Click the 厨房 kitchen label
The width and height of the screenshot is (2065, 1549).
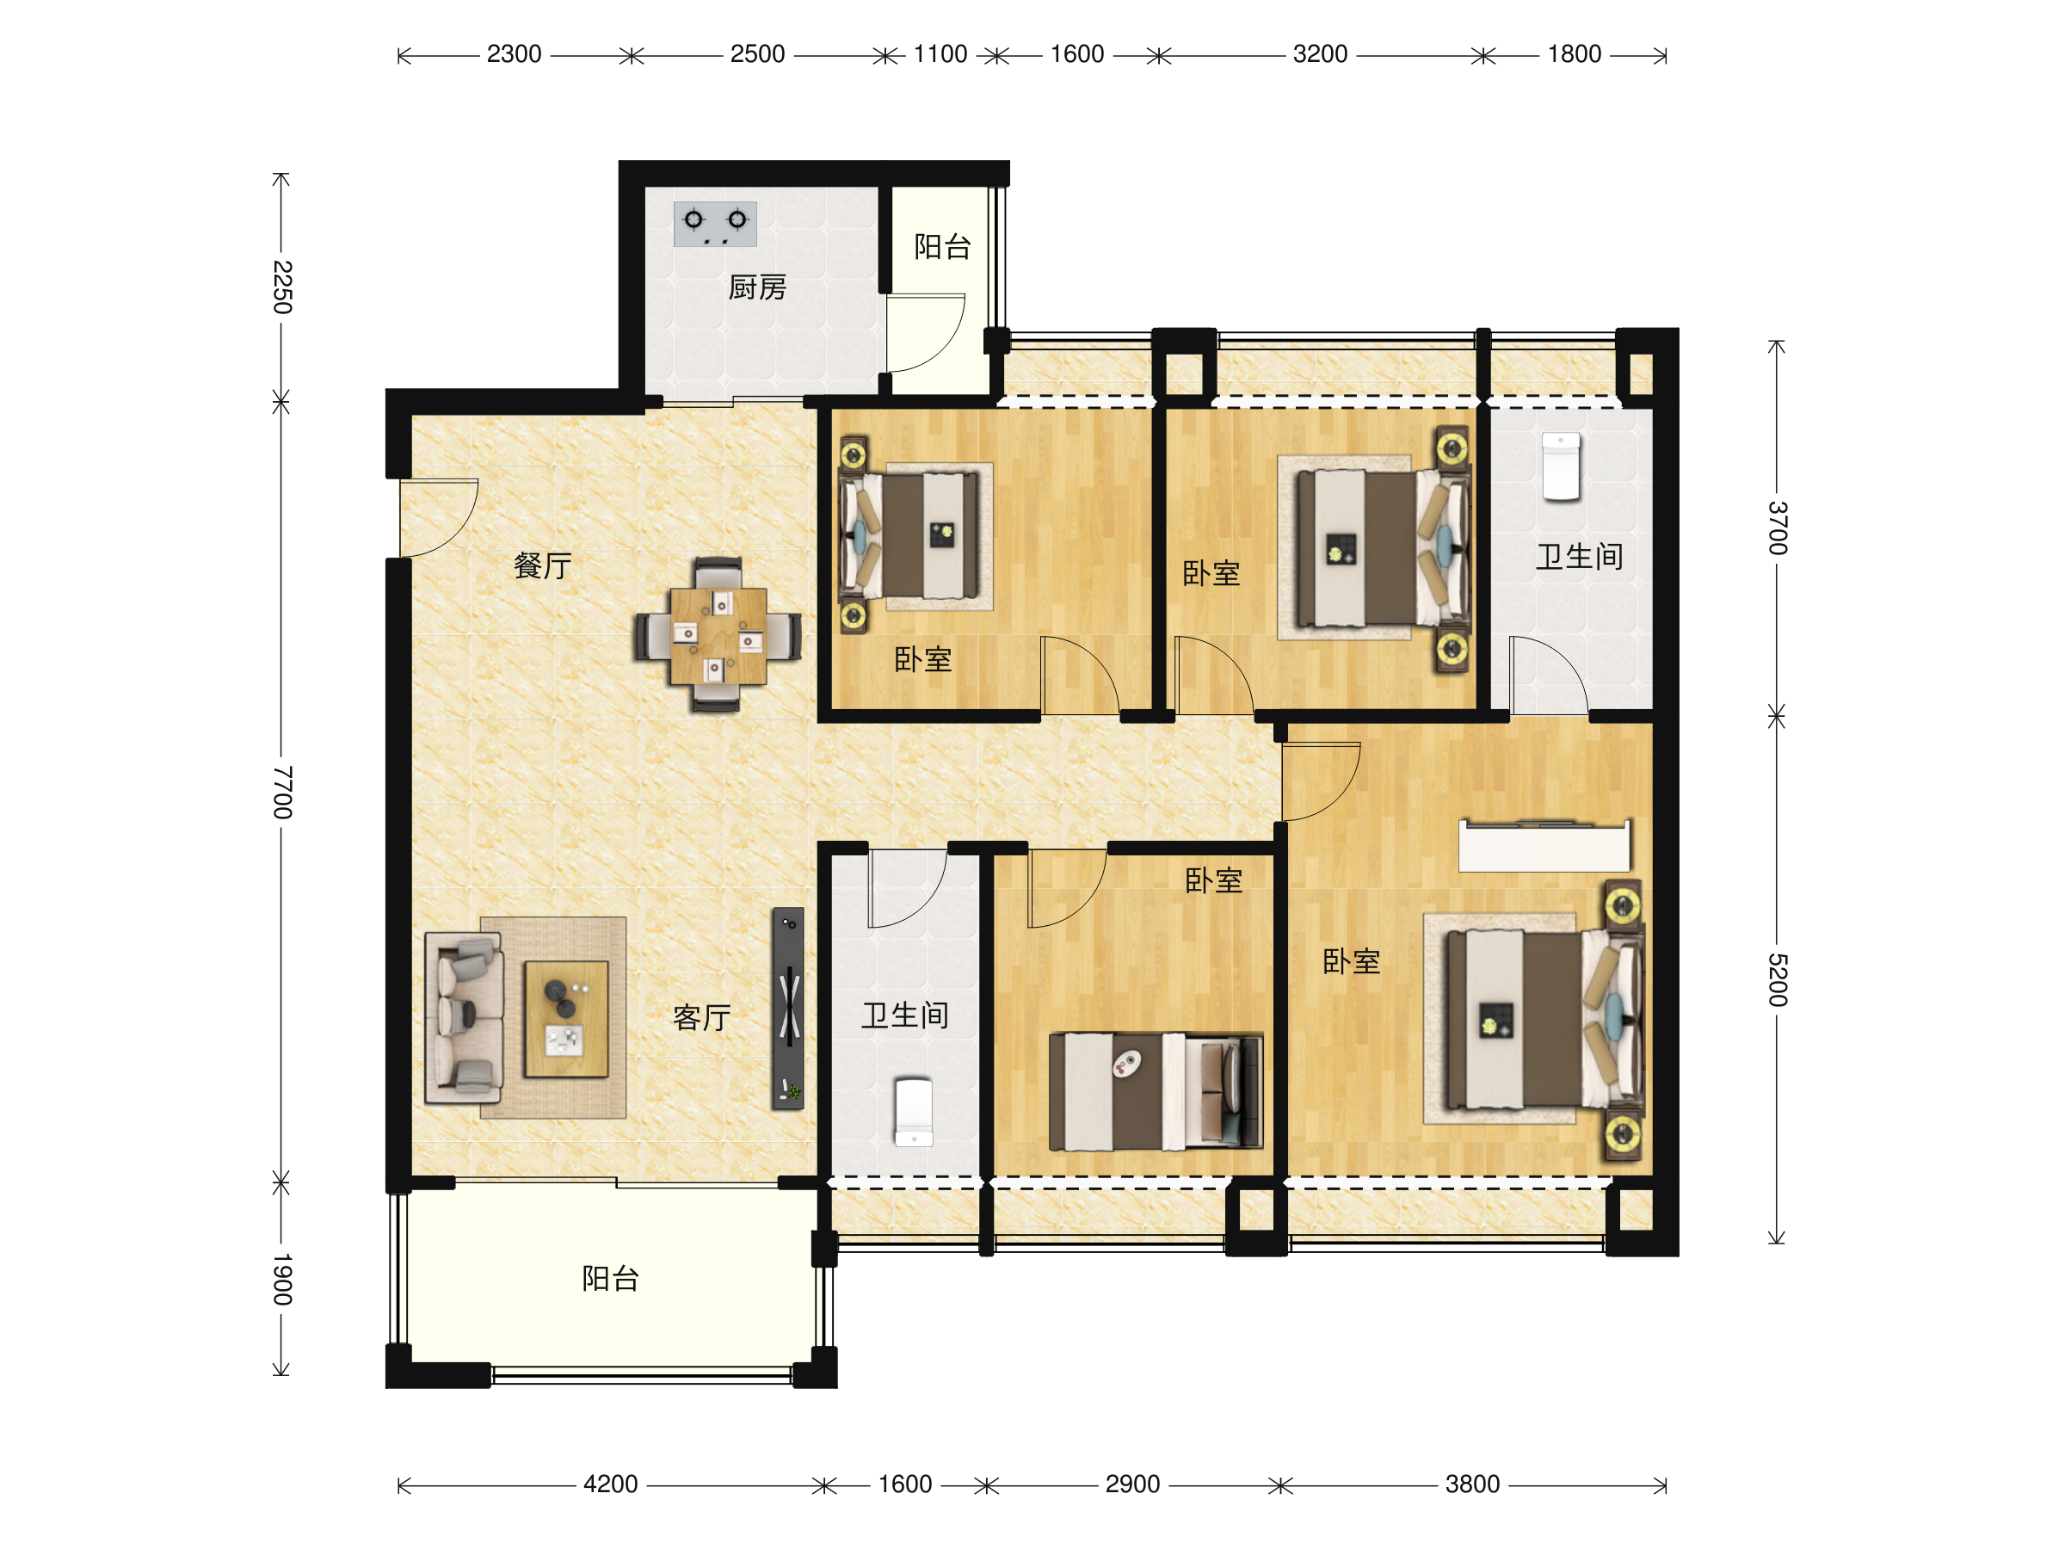(x=757, y=287)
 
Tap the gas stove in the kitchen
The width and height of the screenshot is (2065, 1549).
(x=715, y=224)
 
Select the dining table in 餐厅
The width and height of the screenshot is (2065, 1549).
(x=718, y=636)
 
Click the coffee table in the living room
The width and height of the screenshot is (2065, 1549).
(x=566, y=1019)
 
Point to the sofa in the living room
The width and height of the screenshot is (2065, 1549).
(x=464, y=1018)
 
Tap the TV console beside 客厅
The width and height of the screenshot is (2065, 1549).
(x=788, y=1009)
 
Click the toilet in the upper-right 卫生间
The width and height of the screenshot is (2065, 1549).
(x=1561, y=466)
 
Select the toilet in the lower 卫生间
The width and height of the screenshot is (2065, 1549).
(x=914, y=1112)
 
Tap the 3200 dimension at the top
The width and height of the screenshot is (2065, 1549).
(x=1320, y=54)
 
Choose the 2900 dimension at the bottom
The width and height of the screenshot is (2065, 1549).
(x=1132, y=1484)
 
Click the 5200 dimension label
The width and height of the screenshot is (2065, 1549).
(x=1778, y=980)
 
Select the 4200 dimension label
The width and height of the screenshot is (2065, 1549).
(x=611, y=1484)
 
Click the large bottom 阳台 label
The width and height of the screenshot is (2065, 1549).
(x=611, y=1278)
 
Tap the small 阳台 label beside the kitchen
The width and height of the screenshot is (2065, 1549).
(x=943, y=246)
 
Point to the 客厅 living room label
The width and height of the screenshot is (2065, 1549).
(x=702, y=1018)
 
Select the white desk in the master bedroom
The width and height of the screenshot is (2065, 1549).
(x=1545, y=846)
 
